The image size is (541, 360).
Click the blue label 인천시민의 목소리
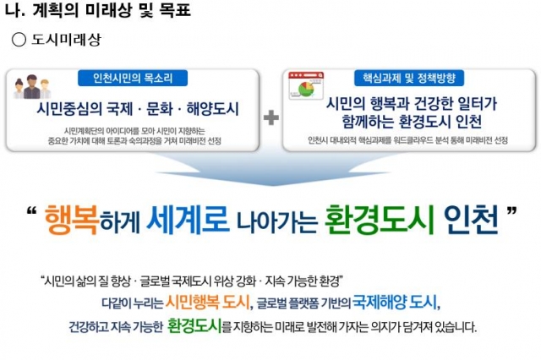133,79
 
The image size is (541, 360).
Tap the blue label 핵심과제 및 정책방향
409,79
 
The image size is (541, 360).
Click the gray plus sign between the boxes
271,117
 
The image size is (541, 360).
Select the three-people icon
32,87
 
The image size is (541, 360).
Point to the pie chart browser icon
306,85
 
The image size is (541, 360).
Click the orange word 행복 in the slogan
72,220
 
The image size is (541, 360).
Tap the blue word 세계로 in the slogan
188,218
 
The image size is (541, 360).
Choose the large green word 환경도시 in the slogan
379,220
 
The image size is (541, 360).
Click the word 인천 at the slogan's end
472,220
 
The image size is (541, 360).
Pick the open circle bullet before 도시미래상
19,40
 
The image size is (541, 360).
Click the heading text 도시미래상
66,40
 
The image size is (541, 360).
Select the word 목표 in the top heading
175,9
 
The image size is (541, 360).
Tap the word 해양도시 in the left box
212,109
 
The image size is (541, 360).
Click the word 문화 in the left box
160,109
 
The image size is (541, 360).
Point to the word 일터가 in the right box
477,103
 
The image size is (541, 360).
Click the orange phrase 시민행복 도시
208,303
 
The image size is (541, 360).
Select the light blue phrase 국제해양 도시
395,303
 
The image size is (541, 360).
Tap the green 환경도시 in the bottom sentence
194,325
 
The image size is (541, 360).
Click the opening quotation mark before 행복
31,210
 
